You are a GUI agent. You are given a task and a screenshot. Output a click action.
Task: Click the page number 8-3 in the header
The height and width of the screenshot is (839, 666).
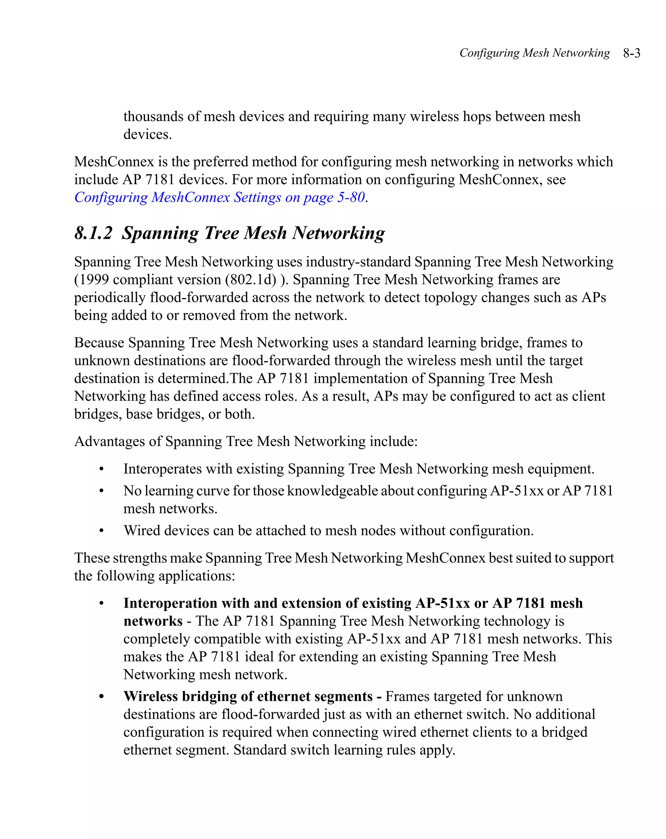(632, 53)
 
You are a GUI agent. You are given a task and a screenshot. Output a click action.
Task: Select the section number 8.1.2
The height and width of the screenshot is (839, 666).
(93, 233)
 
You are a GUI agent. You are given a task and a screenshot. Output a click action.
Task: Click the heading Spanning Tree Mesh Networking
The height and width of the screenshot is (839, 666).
(253, 233)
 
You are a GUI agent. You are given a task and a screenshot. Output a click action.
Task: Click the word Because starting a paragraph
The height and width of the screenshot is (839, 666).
(99, 343)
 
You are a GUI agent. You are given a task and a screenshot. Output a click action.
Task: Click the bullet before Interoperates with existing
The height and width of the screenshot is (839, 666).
(101, 469)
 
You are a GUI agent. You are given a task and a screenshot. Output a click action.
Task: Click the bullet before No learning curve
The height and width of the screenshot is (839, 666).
(101, 491)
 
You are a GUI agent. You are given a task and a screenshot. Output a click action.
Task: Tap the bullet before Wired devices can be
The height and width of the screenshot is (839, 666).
(101, 531)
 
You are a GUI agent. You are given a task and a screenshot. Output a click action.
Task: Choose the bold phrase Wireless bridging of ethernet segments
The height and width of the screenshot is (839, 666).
(248, 696)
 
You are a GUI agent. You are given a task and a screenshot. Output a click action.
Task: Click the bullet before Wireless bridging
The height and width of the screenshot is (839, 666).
(101, 697)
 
